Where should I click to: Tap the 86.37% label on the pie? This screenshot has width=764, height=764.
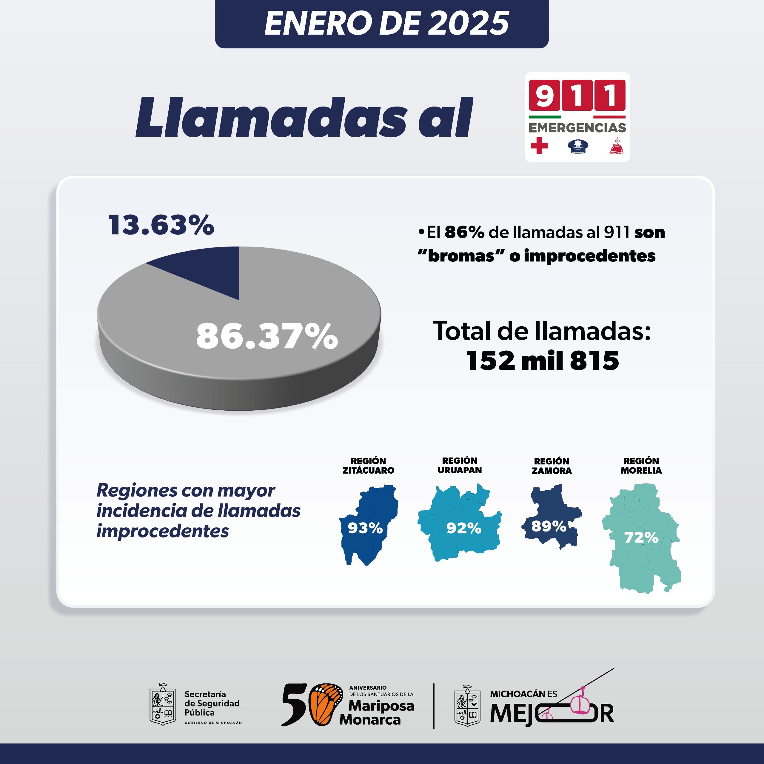click(x=267, y=336)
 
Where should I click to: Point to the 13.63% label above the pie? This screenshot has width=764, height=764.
click(x=161, y=225)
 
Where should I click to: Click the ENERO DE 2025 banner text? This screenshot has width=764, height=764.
click(x=386, y=23)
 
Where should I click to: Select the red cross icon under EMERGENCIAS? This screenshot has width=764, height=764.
click(x=539, y=146)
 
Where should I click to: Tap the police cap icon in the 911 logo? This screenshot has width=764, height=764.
click(x=578, y=146)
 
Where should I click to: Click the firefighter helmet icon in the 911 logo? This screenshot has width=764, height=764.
click(x=616, y=146)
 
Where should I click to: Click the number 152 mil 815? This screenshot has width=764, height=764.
click(x=543, y=361)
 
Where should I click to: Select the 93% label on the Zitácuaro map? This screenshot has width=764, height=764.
click(x=365, y=528)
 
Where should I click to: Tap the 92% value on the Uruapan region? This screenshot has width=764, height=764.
click(x=463, y=528)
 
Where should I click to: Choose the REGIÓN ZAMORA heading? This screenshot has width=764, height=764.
click(x=551, y=466)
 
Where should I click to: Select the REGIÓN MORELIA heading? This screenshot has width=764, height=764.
click(x=641, y=466)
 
